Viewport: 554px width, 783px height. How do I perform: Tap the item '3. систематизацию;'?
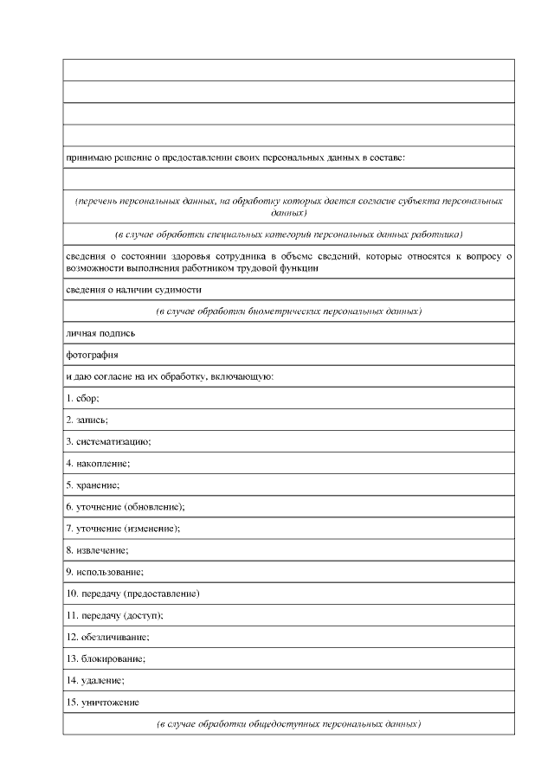point(109,441)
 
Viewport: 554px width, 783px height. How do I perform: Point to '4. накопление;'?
point(98,463)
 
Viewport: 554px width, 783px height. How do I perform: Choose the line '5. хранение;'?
point(93,485)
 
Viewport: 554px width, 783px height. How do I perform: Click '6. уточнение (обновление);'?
point(126,506)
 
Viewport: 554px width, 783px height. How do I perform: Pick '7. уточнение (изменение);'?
point(124,528)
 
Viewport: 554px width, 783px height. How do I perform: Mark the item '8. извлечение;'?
point(97,549)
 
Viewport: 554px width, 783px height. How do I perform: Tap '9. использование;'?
point(105,572)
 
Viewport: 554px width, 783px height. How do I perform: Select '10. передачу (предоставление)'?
point(133,594)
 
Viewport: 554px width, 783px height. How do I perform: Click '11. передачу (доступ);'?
point(115,615)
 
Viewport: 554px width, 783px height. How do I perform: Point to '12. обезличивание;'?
point(108,637)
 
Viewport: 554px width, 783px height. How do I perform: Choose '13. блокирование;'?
point(106,658)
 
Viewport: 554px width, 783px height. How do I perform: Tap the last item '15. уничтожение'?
point(103,702)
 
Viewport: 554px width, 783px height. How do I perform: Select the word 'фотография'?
point(92,354)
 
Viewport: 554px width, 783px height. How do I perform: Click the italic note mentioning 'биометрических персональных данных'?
point(288,311)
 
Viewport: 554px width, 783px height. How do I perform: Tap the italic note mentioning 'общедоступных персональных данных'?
point(288,722)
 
